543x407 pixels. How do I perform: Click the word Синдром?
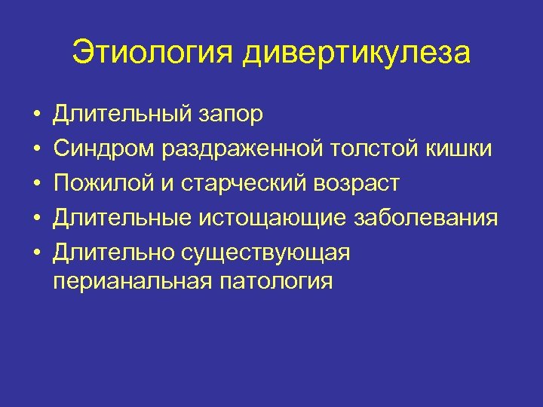coord(103,150)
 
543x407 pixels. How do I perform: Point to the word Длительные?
coord(123,219)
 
